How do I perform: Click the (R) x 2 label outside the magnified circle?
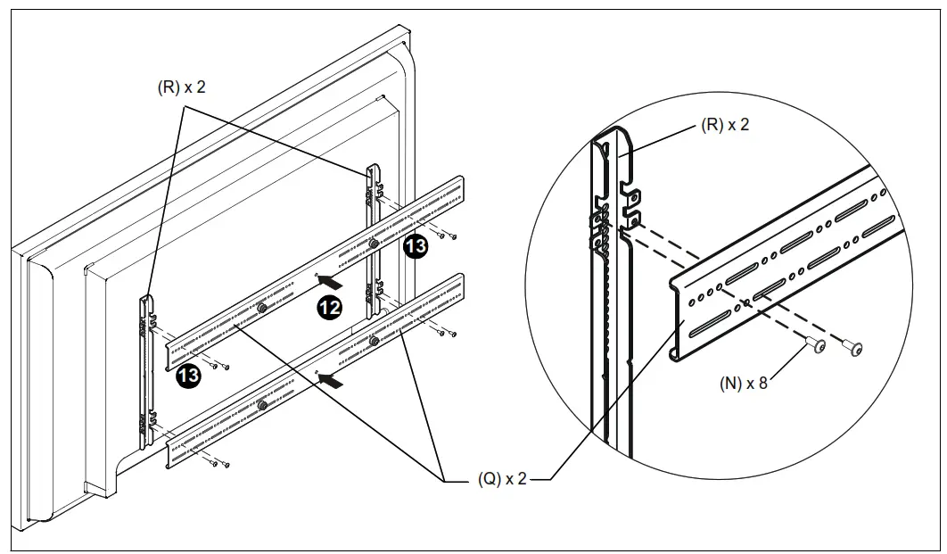(x=182, y=87)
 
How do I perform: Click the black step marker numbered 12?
(x=329, y=308)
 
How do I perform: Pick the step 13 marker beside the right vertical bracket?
(x=416, y=247)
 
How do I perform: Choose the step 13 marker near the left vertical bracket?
(x=187, y=376)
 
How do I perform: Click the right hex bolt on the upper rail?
(x=372, y=243)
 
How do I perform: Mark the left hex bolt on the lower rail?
(x=261, y=406)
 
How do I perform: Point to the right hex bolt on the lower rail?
(x=372, y=342)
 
